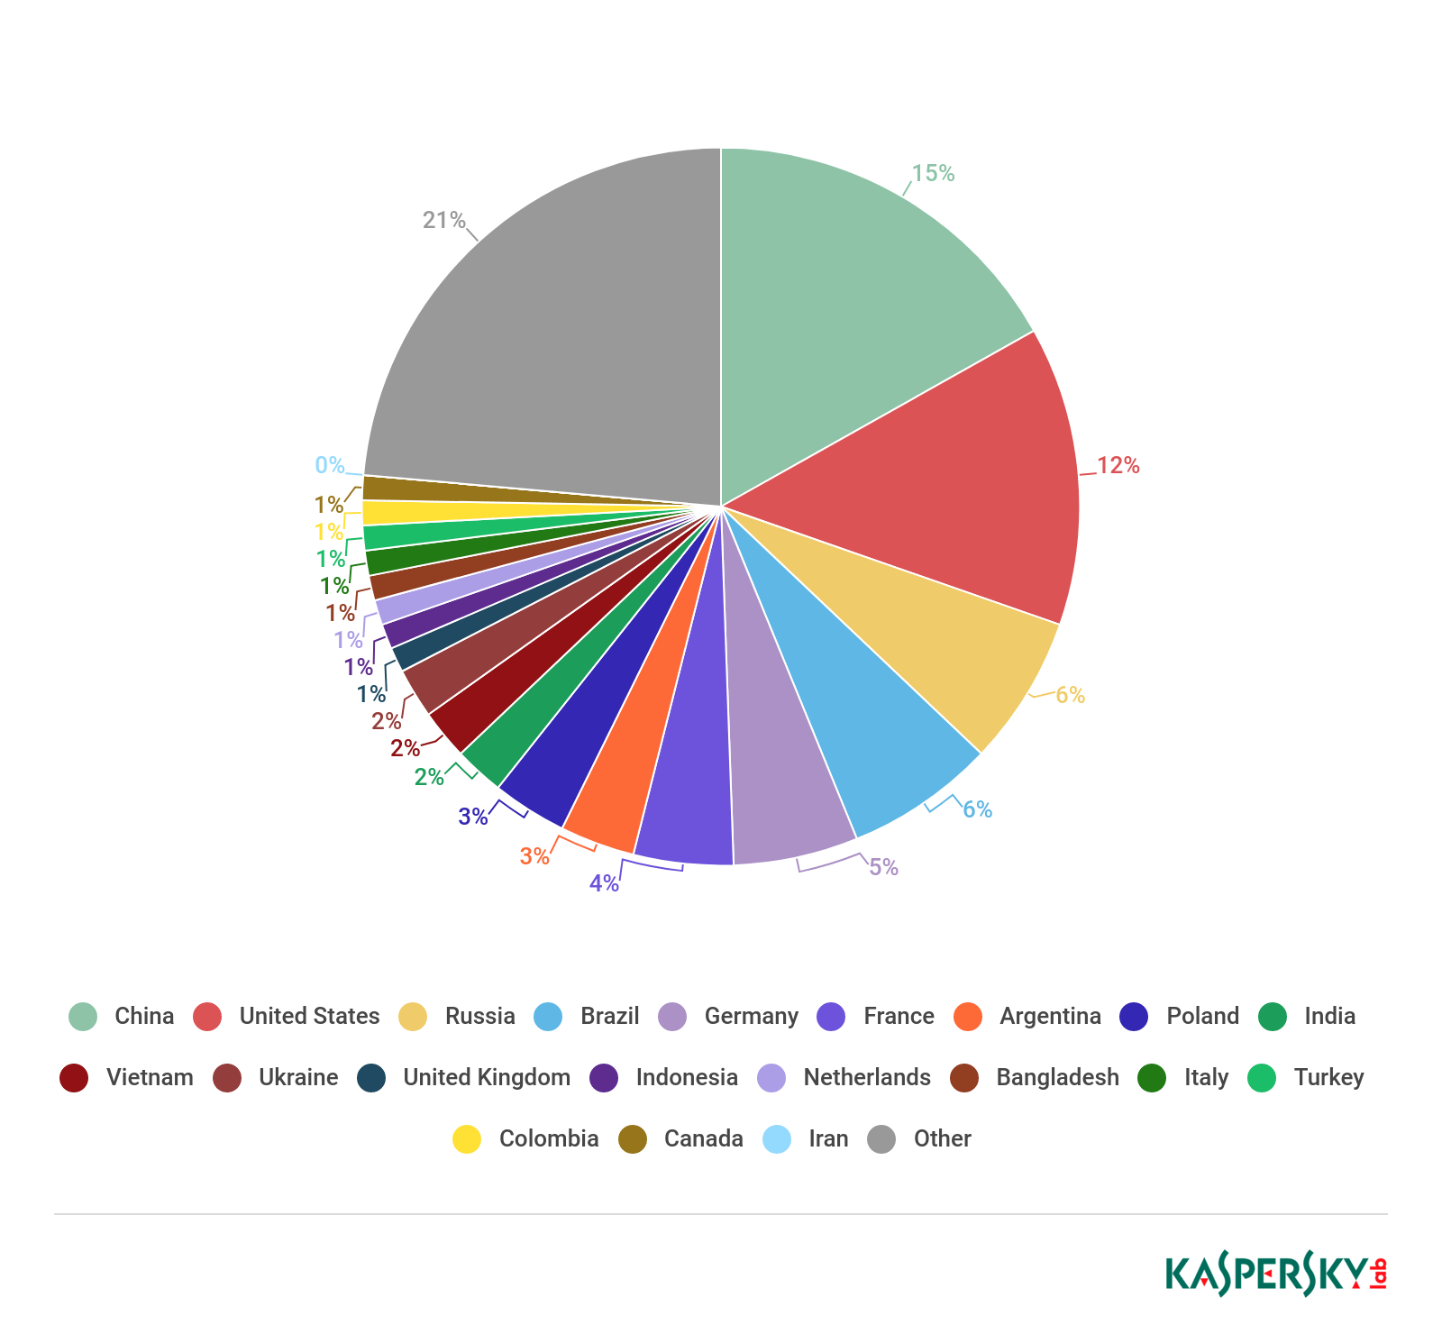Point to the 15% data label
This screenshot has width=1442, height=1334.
pos(933,173)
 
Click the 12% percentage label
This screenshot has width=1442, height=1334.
pos(1118,465)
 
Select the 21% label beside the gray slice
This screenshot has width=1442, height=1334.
pos(444,220)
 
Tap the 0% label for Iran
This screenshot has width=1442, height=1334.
pos(329,465)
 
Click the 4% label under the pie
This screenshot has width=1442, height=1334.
pos(604,883)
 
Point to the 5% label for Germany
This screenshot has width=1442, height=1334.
pos(883,867)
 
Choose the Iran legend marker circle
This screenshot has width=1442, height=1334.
pos(777,1138)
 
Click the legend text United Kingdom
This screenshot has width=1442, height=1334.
pos(487,1077)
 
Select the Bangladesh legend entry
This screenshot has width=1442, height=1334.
pos(1057,1077)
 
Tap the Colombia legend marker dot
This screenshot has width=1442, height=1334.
pos(467,1138)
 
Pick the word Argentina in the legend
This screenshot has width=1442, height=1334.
pos(1050,1016)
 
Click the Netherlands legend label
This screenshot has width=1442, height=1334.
pos(867,1077)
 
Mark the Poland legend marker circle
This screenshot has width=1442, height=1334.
pos(1134,1016)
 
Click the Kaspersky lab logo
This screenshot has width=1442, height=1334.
pos(1275,1274)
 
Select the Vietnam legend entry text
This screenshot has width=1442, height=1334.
pos(150,1077)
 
